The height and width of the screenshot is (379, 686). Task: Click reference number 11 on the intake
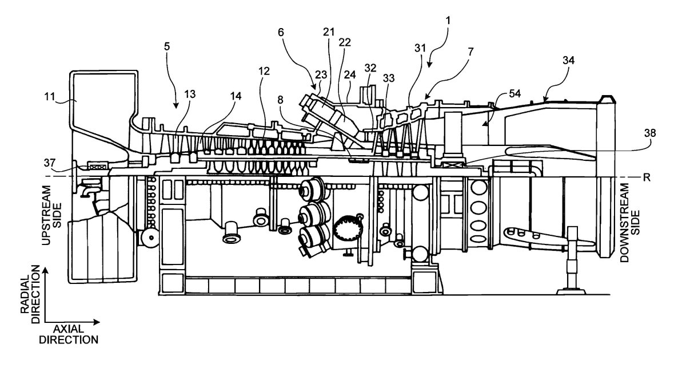point(57,98)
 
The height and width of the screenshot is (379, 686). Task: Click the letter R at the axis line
point(647,177)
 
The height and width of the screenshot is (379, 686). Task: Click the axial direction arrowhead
point(97,321)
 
